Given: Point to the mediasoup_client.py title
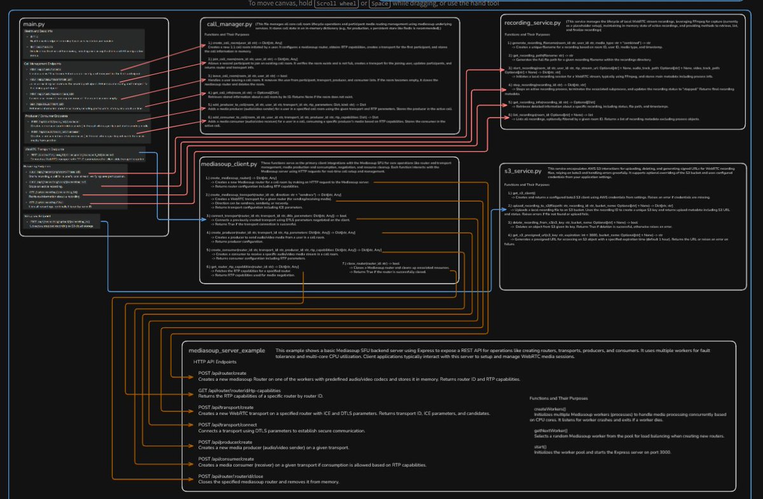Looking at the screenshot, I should [231, 163].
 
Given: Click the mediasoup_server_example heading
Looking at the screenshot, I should [226, 350].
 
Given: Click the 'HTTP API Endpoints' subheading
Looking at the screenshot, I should [216, 361].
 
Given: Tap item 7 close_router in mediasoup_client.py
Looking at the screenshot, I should [371, 263].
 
